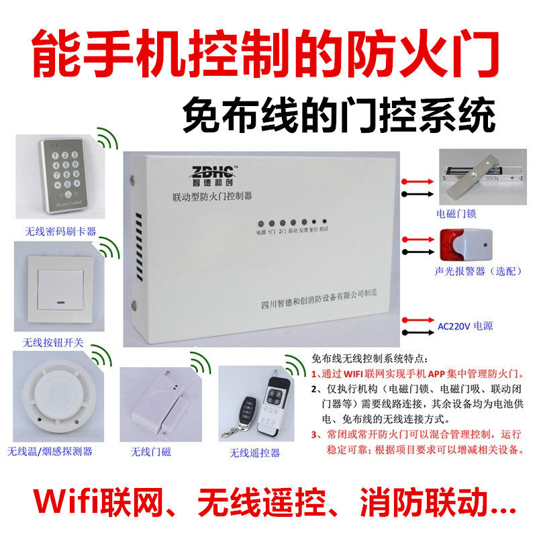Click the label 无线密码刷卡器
click(x=60, y=232)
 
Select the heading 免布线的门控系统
click(x=339, y=116)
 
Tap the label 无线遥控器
click(x=254, y=453)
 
